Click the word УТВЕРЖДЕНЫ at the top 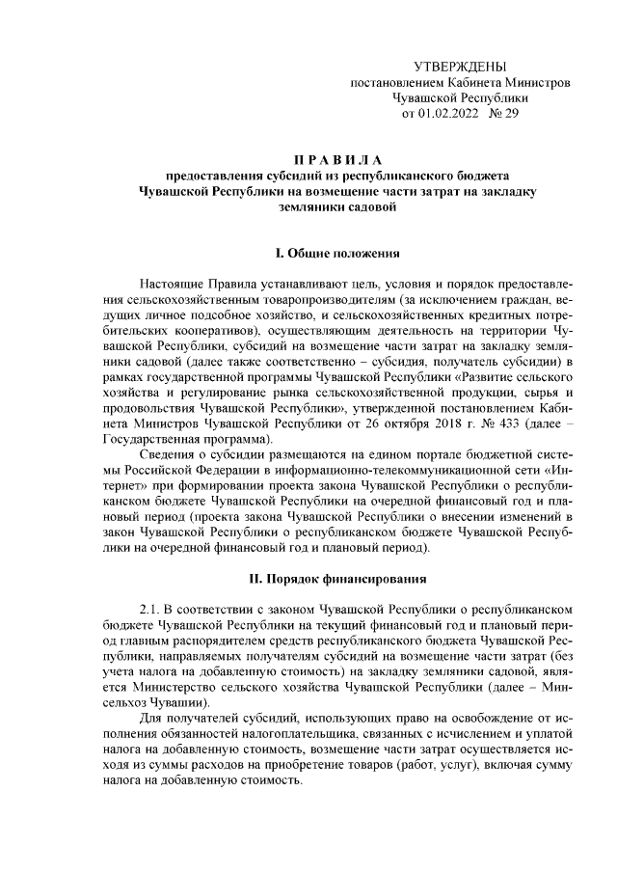click(x=459, y=67)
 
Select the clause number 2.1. click(x=154, y=611)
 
